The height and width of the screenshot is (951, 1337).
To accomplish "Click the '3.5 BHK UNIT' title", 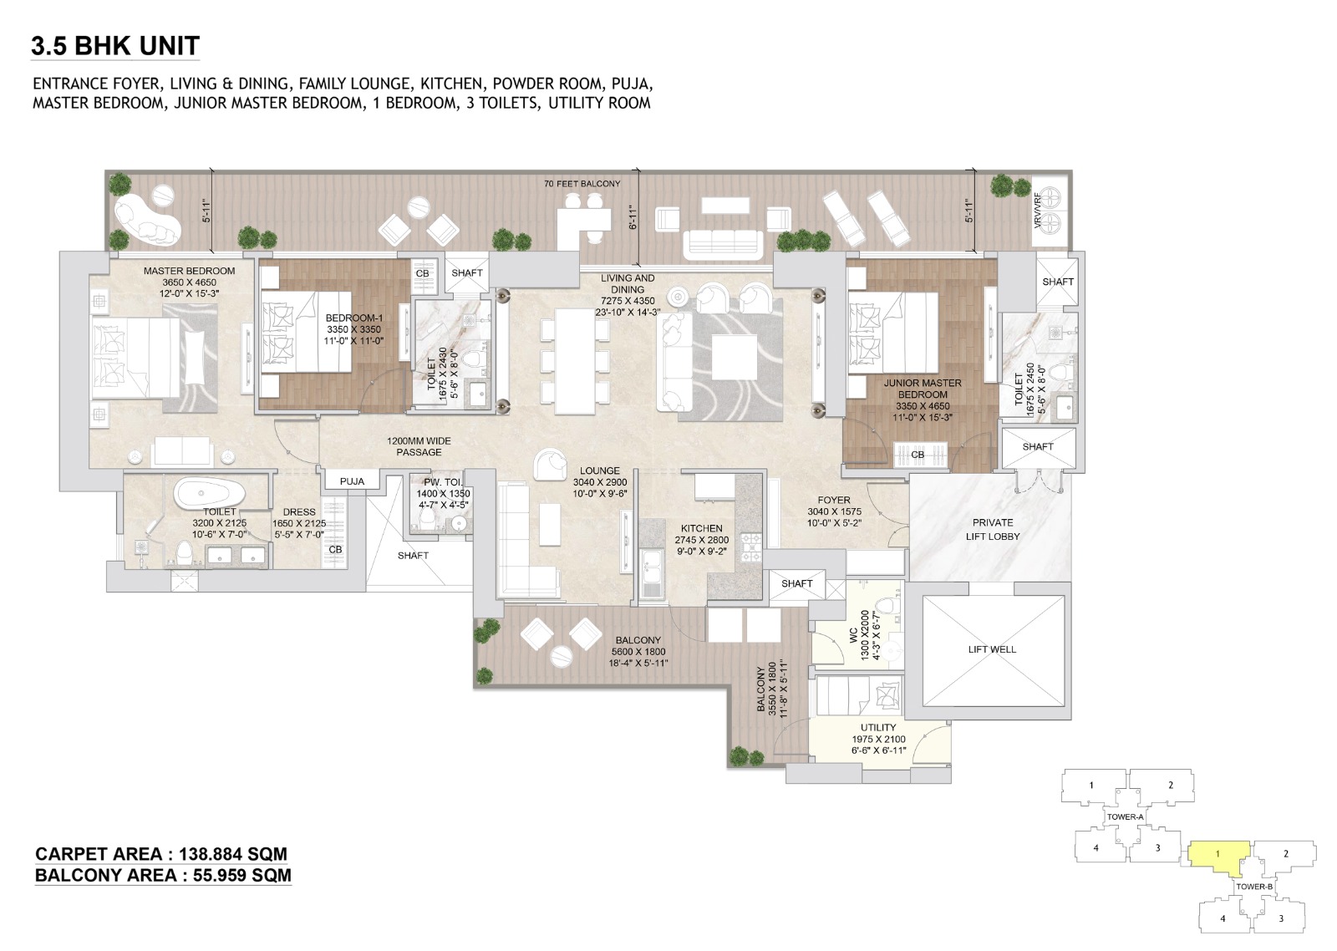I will (115, 45).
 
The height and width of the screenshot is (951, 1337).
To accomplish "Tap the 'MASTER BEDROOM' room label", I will (189, 271).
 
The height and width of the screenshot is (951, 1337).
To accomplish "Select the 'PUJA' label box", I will (352, 481).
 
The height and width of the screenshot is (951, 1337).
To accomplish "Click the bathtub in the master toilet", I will (210, 492).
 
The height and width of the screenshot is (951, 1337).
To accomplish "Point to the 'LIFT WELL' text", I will (992, 649).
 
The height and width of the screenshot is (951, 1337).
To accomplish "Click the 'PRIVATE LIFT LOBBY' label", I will (993, 529).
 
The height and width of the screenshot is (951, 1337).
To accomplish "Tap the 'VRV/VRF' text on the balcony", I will (1038, 211).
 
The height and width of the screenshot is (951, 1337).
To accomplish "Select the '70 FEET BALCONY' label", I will (582, 183).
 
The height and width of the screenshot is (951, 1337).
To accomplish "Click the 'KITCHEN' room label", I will (701, 528).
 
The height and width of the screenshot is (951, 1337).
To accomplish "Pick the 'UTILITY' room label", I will (878, 727).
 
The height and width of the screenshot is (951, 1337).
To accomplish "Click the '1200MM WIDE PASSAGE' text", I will (419, 446).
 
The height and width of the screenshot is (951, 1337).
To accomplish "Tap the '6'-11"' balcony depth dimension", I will (633, 217).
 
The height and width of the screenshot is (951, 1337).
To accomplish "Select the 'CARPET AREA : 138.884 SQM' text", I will (161, 854).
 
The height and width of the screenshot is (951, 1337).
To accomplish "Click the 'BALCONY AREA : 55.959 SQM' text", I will (163, 875).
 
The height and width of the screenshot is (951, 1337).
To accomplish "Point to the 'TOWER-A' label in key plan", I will (1126, 816).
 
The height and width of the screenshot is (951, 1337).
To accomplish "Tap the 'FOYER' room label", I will (834, 500).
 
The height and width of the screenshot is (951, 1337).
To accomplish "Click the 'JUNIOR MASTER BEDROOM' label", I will (923, 389).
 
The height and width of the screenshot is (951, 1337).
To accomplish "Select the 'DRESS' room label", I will (299, 512).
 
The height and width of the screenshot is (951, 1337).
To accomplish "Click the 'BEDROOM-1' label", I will (353, 318).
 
